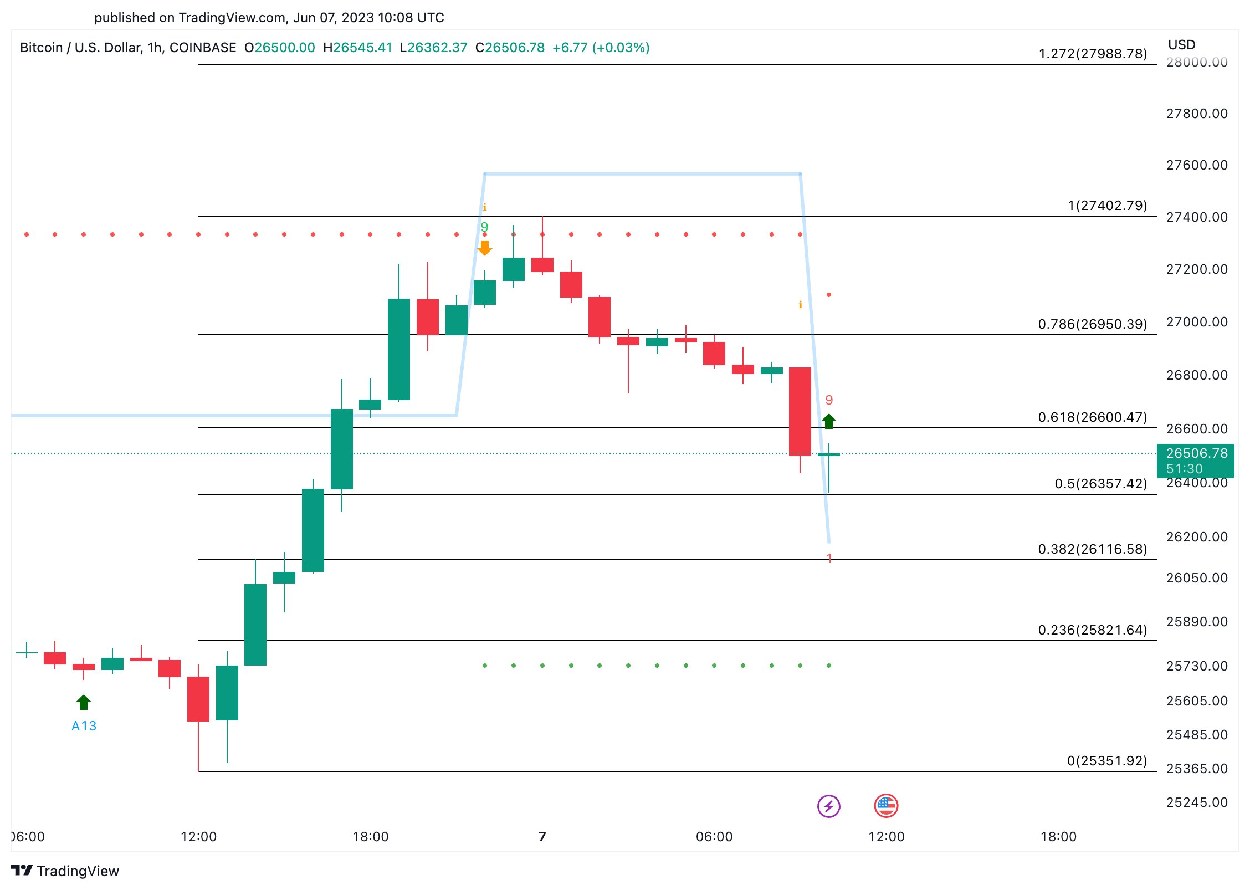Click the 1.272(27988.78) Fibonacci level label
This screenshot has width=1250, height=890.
(x=1092, y=54)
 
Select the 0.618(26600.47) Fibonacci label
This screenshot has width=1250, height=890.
(x=1092, y=417)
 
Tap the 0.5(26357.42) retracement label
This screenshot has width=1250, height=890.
(x=1100, y=484)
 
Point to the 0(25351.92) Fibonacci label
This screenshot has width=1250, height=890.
(x=1106, y=761)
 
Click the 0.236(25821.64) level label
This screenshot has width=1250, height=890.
(x=1092, y=630)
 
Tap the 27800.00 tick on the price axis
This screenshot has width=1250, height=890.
(x=1196, y=114)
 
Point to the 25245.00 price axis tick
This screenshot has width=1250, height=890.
(x=1196, y=802)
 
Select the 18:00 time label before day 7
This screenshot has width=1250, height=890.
(x=370, y=837)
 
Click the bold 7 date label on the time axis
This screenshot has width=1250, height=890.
(x=542, y=837)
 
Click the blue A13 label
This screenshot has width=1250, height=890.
(x=84, y=726)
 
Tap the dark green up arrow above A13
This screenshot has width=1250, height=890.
(x=84, y=702)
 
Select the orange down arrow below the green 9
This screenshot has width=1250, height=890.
(x=484, y=248)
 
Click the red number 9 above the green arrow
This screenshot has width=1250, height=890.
(x=829, y=400)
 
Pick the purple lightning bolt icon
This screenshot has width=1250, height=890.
(x=829, y=806)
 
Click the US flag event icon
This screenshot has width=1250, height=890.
(x=886, y=806)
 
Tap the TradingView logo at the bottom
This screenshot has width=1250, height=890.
(x=65, y=871)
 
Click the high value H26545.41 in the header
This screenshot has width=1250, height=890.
(x=357, y=48)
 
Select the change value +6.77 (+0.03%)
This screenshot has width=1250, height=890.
(x=601, y=48)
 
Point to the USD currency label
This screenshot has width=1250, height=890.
(x=1181, y=45)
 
